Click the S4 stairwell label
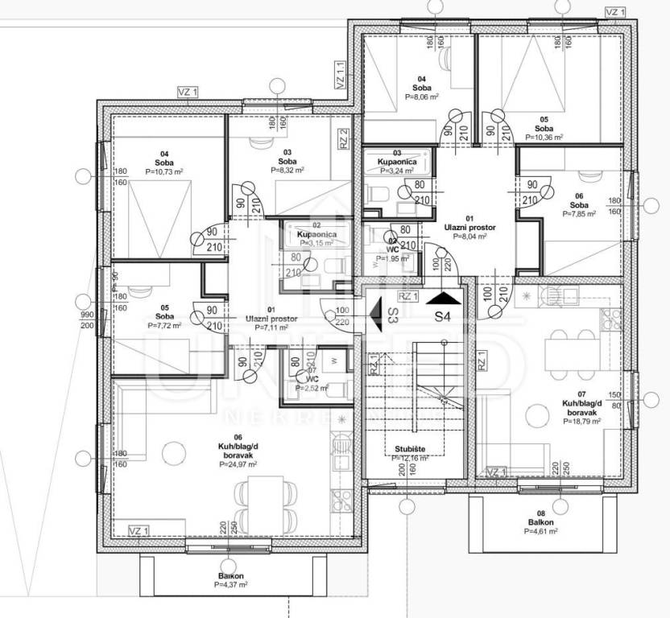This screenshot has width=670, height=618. tap(442, 316)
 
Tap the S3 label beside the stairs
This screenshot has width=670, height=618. tap(393, 315)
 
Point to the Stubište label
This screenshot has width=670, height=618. tap(410, 450)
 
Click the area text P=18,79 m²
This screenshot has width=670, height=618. tap(582, 421)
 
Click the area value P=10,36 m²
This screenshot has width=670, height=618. tap(544, 138)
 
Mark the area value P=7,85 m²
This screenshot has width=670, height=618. tap(578, 214)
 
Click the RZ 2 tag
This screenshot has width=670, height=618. tap(344, 139)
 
